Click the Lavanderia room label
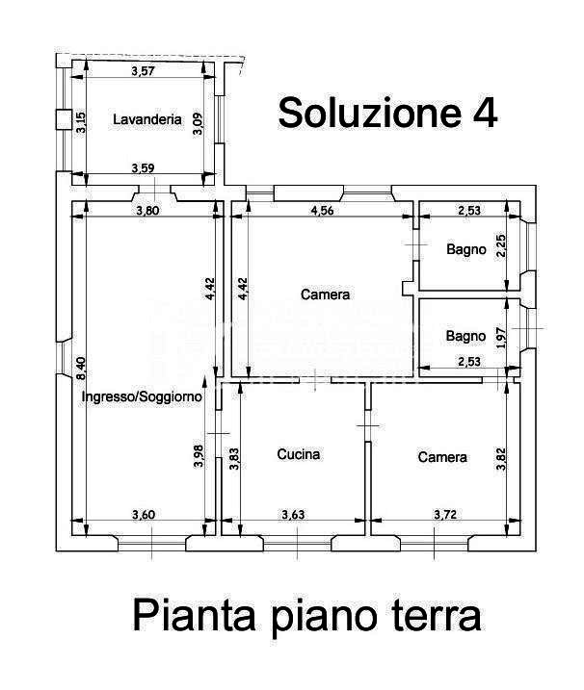coord(147,120)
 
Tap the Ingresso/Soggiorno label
coord(141,396)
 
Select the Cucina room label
coord(298,454)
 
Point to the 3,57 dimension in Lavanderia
coord(143,70)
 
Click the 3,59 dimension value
coord(143,169)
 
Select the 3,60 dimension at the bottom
coord(143,515)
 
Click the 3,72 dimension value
coord(445,515)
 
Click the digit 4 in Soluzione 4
coord(486,114)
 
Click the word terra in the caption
coord(438,615)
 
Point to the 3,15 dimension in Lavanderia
coord(82,121)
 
